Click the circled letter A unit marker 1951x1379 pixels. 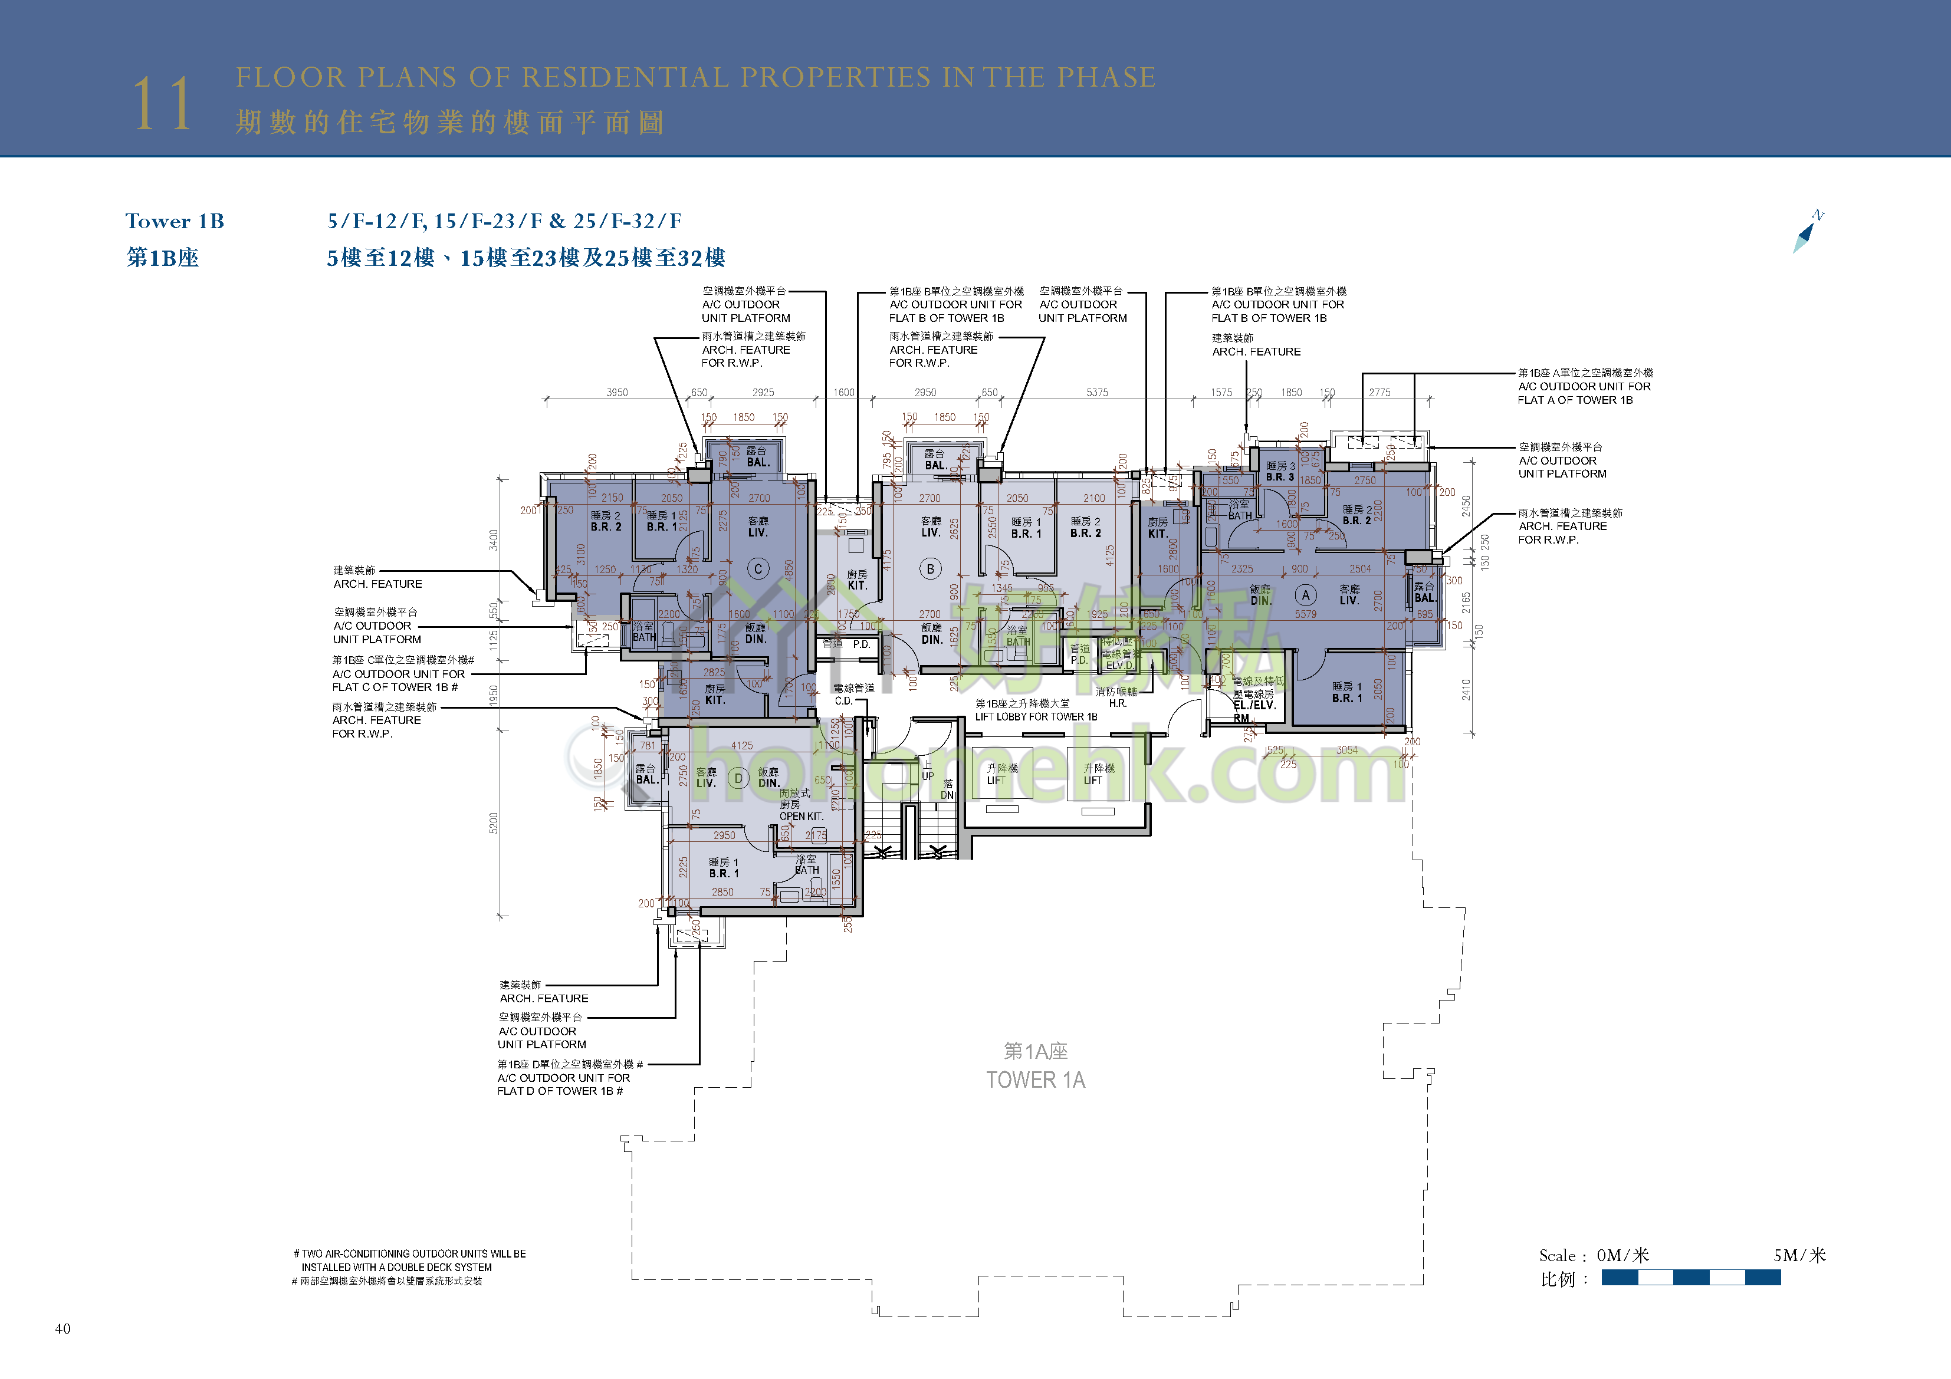click(x=1305, y=595)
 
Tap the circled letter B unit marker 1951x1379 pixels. click(x=931, y=570)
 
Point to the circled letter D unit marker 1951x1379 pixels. click(x=738, y=778)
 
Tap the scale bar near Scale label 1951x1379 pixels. click(x=1690, y=1277)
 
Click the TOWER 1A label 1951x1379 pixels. click(x=1035, y=1080)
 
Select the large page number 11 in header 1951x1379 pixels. click(x=162, y=104)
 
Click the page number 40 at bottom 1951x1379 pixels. click(x=63, y=1329)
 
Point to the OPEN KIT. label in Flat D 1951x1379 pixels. click(x=802, y=816)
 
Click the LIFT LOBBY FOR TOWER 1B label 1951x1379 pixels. click(x=1036, y=716)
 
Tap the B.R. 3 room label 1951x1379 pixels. click(x=1280, y=476)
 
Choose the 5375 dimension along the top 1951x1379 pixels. click(x=1097, y=393)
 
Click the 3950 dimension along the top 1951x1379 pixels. click(x=617, y=393)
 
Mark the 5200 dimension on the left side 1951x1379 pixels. click(x=494, y=822)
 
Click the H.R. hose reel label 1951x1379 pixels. click(x=1118, y=703)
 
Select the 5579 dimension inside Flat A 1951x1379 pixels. click(x=1305, y=614)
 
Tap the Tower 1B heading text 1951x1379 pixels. click(x=175, y=222)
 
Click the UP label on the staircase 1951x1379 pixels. click(x=928, y=776)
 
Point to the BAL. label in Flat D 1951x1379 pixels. click(x=646, y=779)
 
